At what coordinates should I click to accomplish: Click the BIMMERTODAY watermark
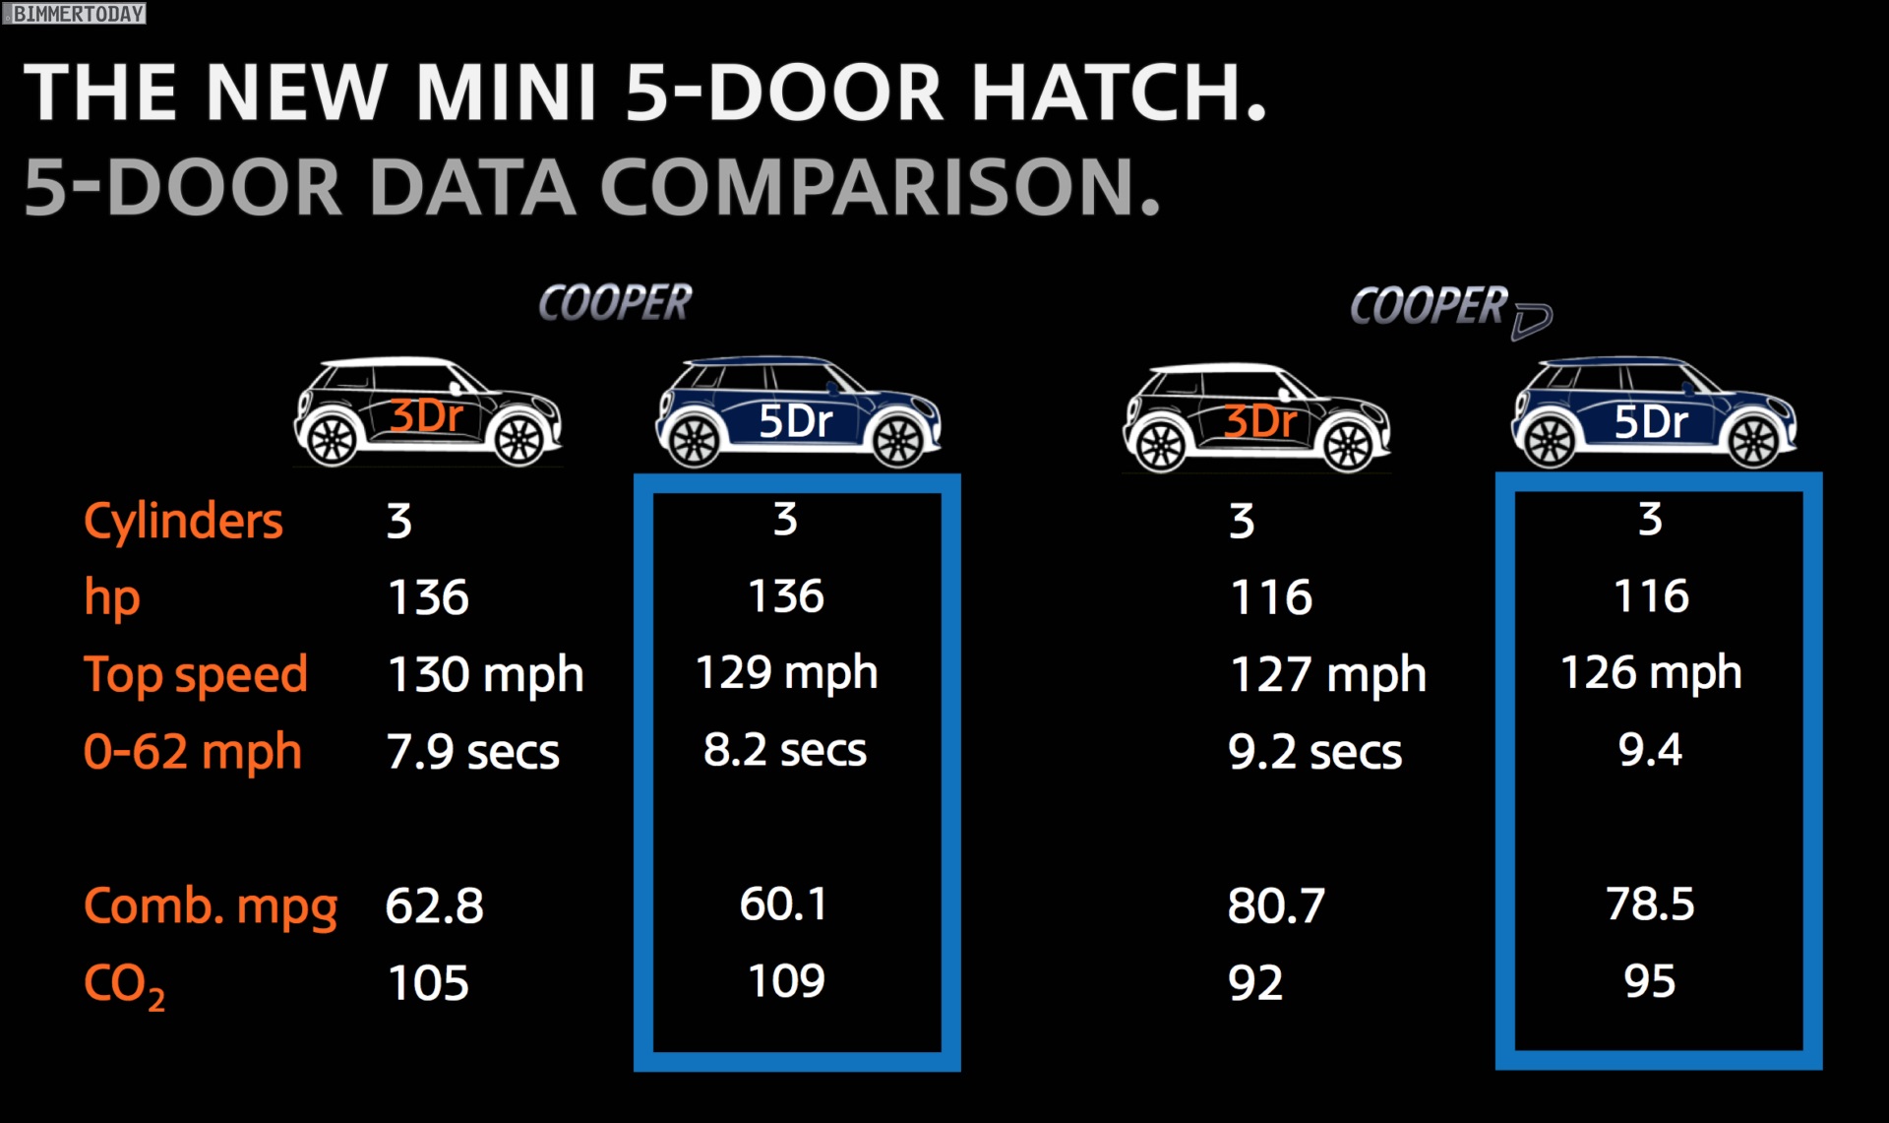point(76,13)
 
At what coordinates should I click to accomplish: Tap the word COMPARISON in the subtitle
point(881,187)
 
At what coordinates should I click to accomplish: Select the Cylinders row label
point(183,521)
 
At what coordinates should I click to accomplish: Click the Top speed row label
point(196,676)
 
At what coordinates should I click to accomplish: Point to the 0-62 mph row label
point(193,753)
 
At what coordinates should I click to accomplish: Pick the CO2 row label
point(124,984)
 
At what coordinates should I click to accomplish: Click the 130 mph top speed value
point(486,676)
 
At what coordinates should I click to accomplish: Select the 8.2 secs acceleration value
point(785,750)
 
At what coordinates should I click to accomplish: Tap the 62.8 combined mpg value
point(435,905)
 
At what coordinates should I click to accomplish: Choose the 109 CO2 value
point(786,981)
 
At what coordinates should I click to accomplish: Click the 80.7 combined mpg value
point(1276,905)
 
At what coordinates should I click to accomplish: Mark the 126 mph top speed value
point(1651,674)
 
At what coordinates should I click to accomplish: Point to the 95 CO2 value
point(1650,981)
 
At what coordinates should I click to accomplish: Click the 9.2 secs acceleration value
point(1315,753)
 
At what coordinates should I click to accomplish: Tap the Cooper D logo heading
point(1450,309)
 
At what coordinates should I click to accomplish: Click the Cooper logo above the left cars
point(615,302)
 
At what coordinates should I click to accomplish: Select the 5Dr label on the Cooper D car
point(1651,422)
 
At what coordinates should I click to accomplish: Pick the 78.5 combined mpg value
point(1650,904)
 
